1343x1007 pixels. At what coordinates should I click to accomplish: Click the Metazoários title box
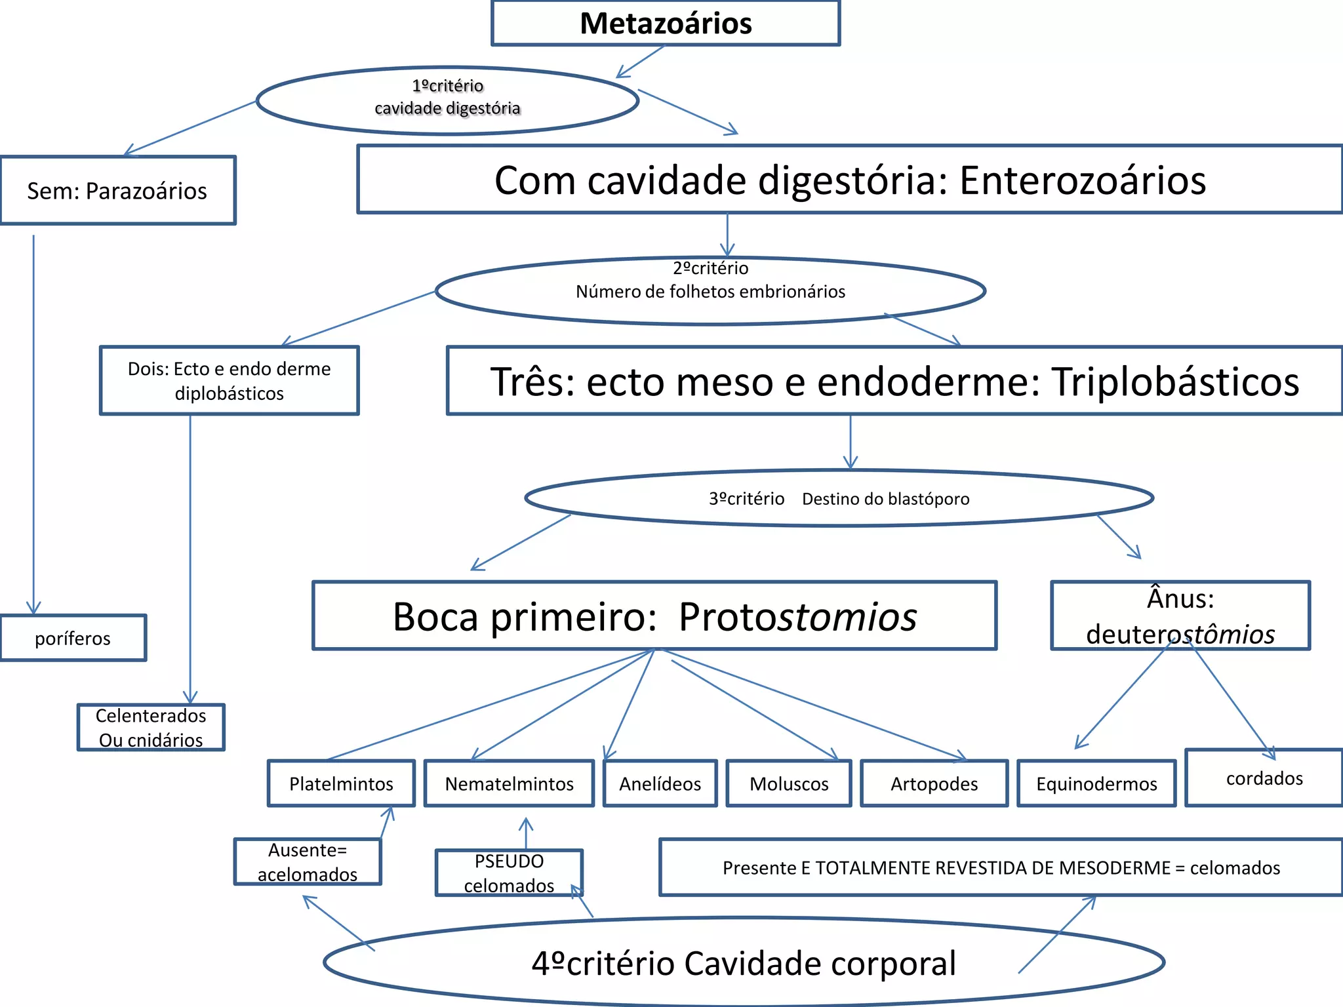tap(665, 24)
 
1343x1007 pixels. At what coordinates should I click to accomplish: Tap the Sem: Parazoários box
tap(117, 191)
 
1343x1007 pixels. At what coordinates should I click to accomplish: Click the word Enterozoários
tap(1082, 180)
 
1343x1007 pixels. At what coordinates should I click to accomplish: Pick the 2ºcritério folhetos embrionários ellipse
tap(710, 290)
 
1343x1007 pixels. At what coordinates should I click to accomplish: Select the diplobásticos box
tap(229, 381)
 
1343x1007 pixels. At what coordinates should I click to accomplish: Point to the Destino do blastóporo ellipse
tap(839, 498)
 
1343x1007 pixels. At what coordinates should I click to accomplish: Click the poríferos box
tap(73, 638)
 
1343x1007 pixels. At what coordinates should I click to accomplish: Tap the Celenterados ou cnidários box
tap(151, 727)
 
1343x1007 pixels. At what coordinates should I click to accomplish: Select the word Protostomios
tap(797, 616)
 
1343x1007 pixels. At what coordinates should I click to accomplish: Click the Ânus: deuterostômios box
tap(1180, 616)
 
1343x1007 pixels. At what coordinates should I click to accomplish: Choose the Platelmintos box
tap(341, 783)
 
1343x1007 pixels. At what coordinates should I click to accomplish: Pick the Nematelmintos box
tap(509, 783)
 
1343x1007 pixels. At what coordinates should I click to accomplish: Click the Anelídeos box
tap(660, 783)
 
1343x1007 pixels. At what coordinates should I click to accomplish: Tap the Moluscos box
tap(789, 783)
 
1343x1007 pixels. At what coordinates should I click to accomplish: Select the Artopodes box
tap(934, 783)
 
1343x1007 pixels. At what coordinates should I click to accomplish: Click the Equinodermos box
tap(1096, 783)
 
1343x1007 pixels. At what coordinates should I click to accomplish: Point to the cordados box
tap(1264, 778)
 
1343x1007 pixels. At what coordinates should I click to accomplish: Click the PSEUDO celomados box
tap(509, 873)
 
